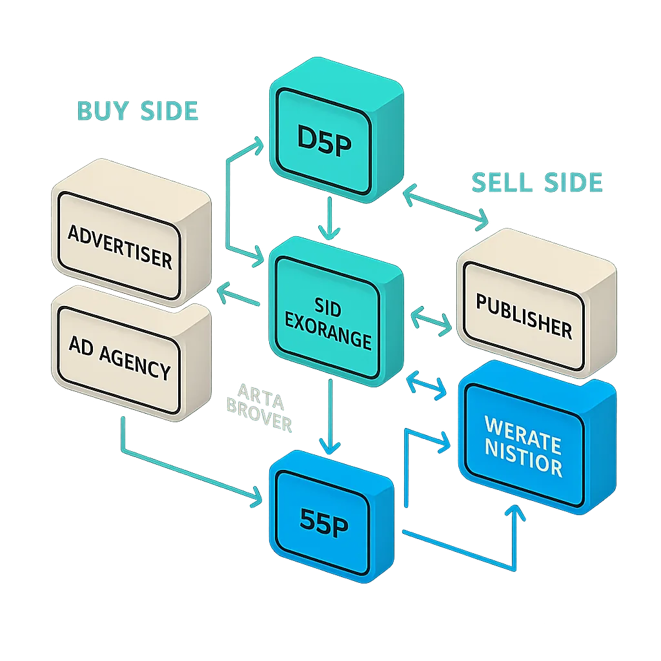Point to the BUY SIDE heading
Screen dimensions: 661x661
(x=137, y=111)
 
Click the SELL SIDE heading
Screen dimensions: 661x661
(x=537, y=183)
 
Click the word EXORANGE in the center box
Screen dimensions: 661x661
(x=328, y=340)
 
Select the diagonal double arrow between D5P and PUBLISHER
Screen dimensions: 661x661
(x=446, y=207)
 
